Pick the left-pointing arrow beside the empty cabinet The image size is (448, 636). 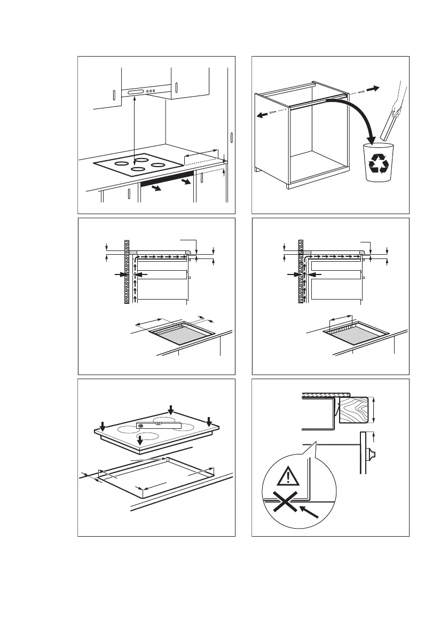click(x=262, y=115)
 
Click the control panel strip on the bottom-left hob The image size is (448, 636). click(x=159, y=426)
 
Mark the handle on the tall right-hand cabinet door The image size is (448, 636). click(x=231, y=137)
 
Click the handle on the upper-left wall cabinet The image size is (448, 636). click(x=114, y=96)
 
